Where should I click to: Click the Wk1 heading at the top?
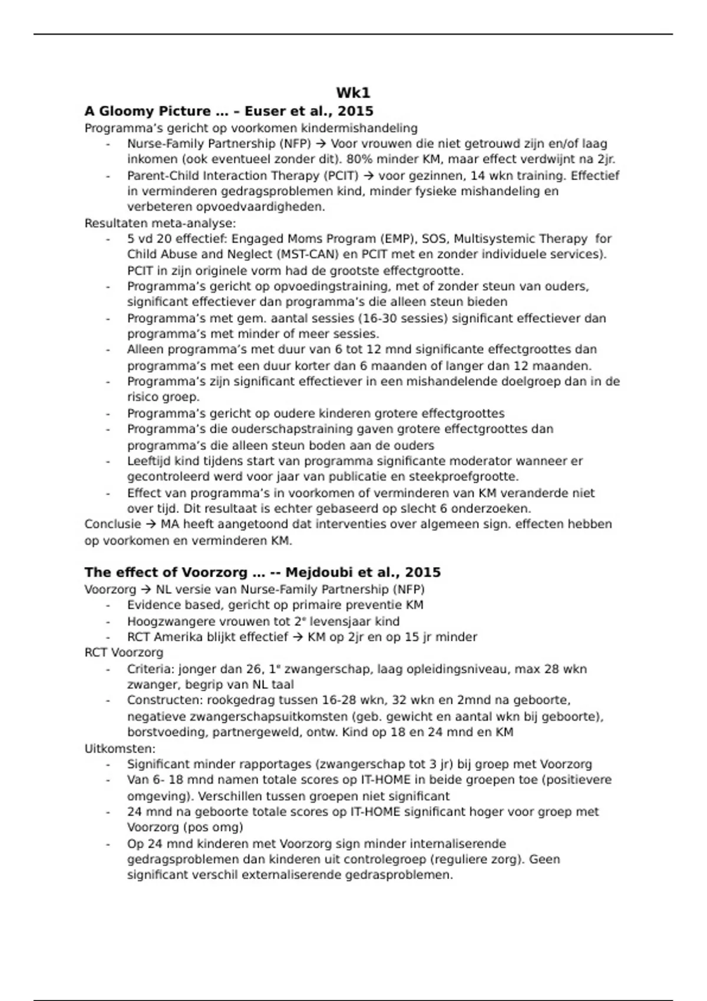point(353,93)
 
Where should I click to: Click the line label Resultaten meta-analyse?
point(160,223)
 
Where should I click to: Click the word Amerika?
point(177,637)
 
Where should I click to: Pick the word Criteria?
point(151,669)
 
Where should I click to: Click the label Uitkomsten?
point(120,749)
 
